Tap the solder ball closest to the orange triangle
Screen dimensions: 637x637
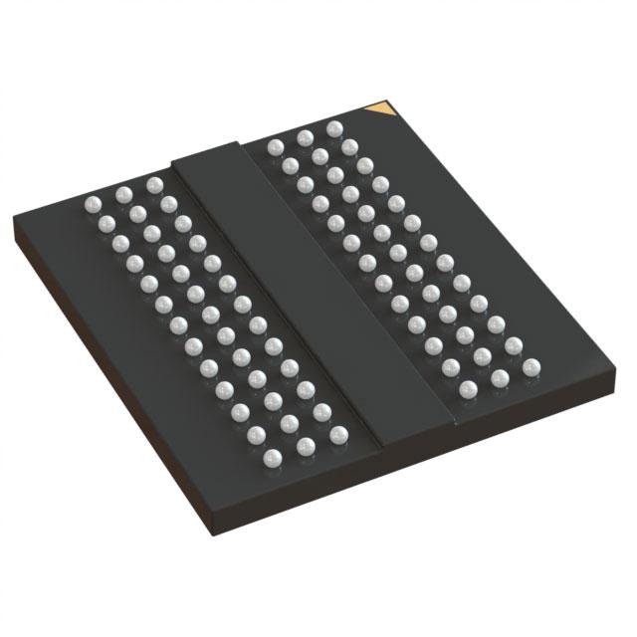click(x=334, y=128)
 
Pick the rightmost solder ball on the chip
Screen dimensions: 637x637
click(x=530, y=368)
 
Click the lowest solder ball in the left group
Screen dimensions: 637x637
click(x=275, y=458)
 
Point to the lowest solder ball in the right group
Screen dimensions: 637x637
click(x=467, y=389)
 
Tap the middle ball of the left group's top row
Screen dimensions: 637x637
click(x=122, y=194)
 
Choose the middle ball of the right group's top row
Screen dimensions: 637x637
click(x=305, y=137)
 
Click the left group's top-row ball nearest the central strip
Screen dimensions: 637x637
click(x=154, y=185)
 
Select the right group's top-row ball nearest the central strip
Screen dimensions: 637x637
click(x=275, y=147)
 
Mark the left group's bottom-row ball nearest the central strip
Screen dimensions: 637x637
click(x=338, y=434)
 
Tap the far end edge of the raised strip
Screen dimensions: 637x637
click(x=206, y=150)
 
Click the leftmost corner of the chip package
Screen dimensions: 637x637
click(x=14, y=227)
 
